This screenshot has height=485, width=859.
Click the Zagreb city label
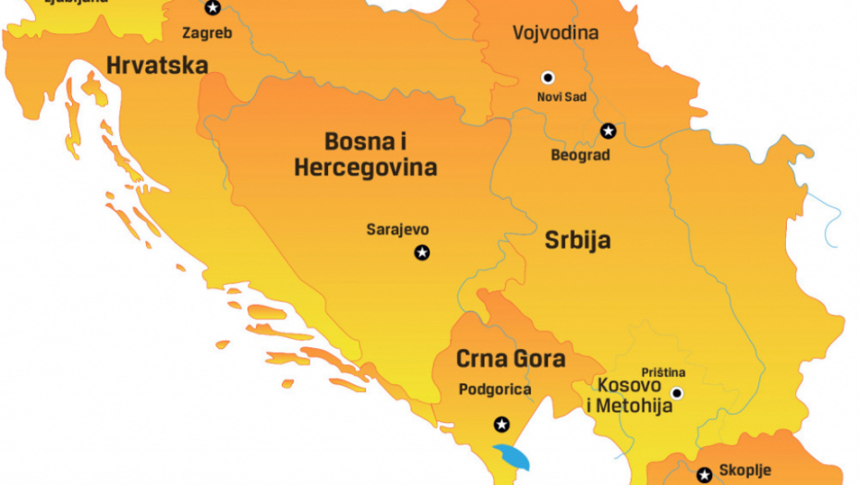[x=207, y=33]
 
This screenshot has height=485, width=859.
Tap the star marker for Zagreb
[x=213, y=8]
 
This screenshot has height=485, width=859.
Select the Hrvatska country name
[x=157, y=65]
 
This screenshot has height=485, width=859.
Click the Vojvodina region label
[x=555, y=33]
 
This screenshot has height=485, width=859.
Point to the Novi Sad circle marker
[x=548, y=78]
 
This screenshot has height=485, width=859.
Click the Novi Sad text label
[x=561, y=97]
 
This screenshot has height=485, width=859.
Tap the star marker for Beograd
[x=608, y=131]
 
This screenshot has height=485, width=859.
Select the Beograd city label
[x=580, y=155]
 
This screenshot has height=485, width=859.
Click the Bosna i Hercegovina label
[x=366, y=154]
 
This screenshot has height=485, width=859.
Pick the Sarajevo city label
[x=397, y=230]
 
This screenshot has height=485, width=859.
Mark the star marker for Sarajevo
[x=422, y=252]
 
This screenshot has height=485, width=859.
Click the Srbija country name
[x=576, y=241]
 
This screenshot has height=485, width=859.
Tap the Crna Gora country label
[x=510, y=358]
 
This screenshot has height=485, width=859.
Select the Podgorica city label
[x=495, y=390]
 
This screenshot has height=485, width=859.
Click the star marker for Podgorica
[x=502, y=424]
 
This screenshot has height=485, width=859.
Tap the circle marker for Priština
[x=677, y=393]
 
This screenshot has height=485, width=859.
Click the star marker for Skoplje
[x=705, y=475]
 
